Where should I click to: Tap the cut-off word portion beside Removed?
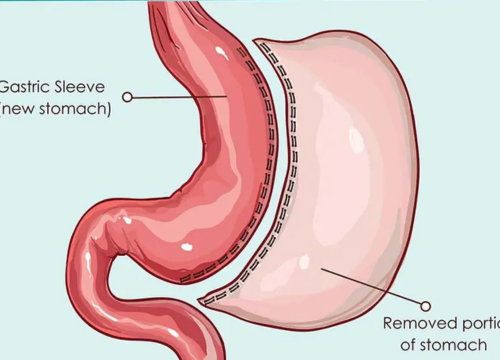coord(479,324)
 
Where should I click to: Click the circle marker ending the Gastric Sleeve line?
coord(127,97)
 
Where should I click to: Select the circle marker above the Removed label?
coord(426,306)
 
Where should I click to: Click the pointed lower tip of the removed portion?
coord(204,300)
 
